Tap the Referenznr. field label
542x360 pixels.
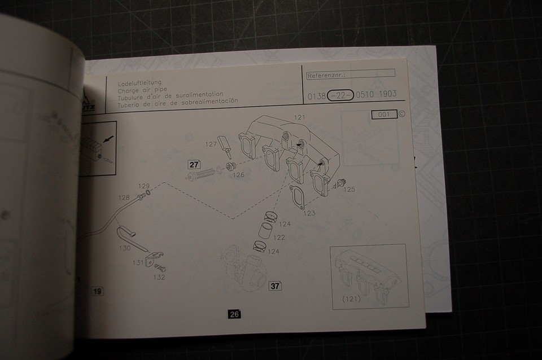coord(326,75)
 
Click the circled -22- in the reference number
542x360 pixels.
coord(340,95)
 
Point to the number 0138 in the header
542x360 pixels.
coord(316,96)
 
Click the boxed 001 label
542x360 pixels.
coord(384,115)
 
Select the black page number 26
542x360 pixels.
coord(234,314)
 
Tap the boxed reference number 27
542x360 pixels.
coord(194,165)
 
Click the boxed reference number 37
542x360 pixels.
coord(275,286)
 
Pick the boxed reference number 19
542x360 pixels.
coord(97,291)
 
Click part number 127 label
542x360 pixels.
coord(211,144)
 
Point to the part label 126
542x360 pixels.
coord(238,175)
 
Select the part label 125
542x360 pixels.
coord(349,189)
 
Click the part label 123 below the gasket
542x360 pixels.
coord(309,213)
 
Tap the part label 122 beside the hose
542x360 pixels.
coord(279,237)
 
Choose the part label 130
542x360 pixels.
coord(126,248)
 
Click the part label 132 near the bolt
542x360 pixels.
coord(159,277)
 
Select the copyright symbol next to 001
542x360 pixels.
coord(401,113)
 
